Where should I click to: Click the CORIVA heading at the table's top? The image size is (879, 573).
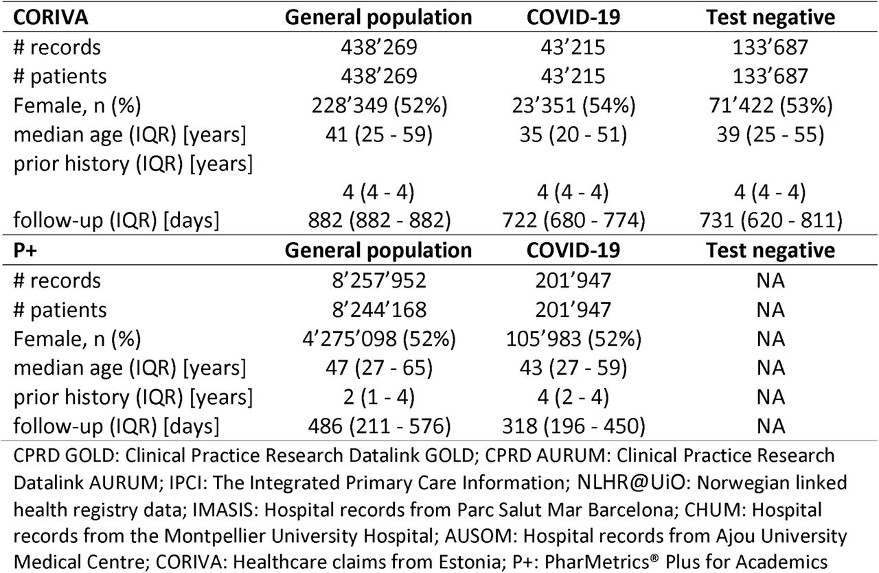coord(51,17)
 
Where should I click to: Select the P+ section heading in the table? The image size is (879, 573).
coord(25,250)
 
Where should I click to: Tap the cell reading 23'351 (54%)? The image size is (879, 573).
coord(573,106)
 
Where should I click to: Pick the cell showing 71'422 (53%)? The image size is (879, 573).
coord(770,106)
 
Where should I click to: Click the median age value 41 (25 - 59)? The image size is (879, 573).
coord(378,135)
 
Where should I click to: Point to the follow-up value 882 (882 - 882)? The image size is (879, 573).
coord(379,220)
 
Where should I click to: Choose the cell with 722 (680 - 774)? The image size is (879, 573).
coord(573,220)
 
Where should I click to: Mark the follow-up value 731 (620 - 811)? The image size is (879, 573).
coord(770,220)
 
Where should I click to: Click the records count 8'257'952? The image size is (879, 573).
coord(378,281)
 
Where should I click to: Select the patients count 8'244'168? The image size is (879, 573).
coord(378,310)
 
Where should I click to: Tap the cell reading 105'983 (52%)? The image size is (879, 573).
coord(573,339)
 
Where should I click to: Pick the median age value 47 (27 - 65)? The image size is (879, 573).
coord(378,368)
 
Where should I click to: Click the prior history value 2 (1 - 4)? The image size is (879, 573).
coord(378,397)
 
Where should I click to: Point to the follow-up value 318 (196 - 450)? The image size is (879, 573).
coord(573,426)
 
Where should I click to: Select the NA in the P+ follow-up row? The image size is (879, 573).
coord(770,426)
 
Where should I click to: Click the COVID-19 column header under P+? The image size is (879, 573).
coord(573,250)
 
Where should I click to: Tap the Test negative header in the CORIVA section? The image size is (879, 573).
coord(770,18)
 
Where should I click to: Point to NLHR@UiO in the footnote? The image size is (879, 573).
coord(631,482)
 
